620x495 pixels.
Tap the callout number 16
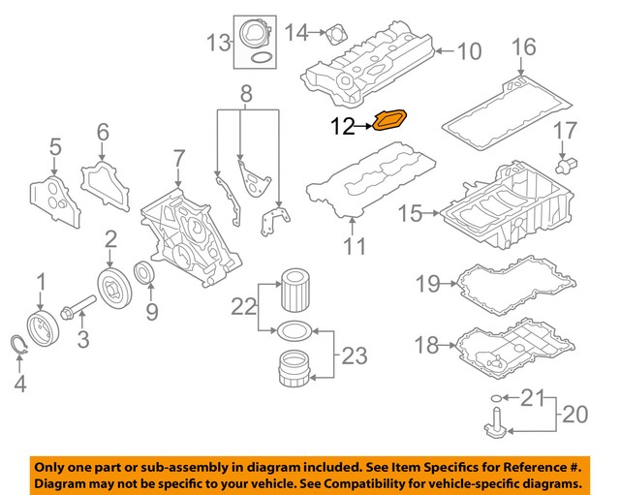522,46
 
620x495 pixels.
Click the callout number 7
178,157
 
